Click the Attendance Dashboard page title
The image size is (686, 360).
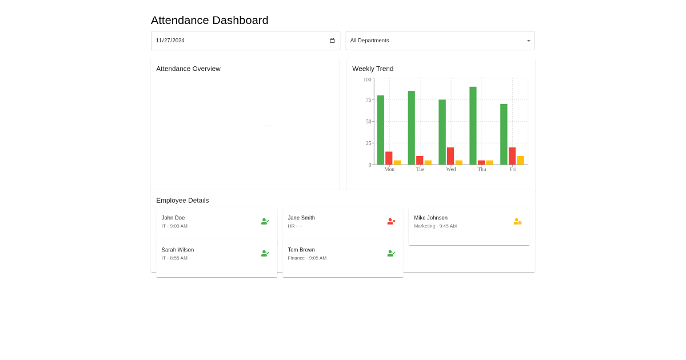coord(209,21)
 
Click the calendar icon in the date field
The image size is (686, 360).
coord(333,41)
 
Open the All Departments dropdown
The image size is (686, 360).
coord(440,41)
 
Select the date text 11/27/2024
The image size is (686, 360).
coord(170,41)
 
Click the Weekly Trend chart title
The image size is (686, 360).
coord(373,69)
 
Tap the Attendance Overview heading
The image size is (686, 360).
coord(188,69)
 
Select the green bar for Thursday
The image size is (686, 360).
coord(473,126)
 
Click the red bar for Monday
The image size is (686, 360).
coord(389,158)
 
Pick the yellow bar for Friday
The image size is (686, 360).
coord(520,161)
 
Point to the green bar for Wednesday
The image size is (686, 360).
coord(442,132)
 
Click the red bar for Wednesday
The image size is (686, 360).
coord(450,156)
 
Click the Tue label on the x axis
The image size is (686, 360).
coord(420,169)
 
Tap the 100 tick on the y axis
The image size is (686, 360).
coord(366,79)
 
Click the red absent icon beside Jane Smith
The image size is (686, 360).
coord(391,221)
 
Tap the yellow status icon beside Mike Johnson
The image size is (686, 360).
coord(517,221)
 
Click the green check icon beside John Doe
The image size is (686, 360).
coord(265,221)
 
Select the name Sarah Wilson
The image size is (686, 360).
coord(178,250)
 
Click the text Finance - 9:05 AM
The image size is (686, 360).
coord(307,258)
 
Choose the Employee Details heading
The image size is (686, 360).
coord(182,201)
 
